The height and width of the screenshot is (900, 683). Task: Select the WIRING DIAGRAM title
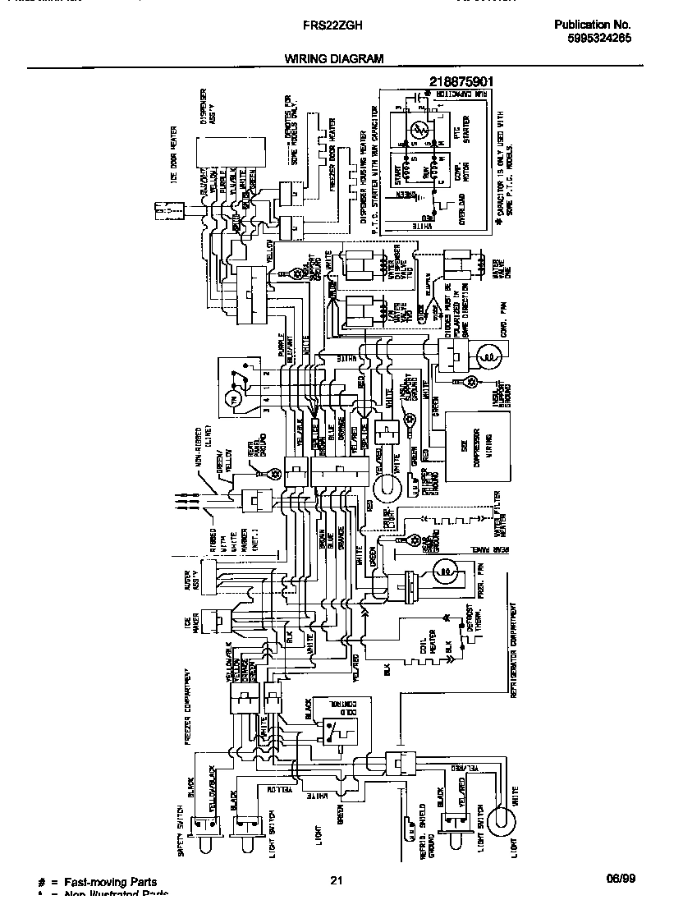pos(334,58)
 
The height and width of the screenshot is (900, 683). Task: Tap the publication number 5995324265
pos(598,38)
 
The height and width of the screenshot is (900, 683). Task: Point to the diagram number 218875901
pos(461,81)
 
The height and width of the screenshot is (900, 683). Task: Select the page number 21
pos(335,881)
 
